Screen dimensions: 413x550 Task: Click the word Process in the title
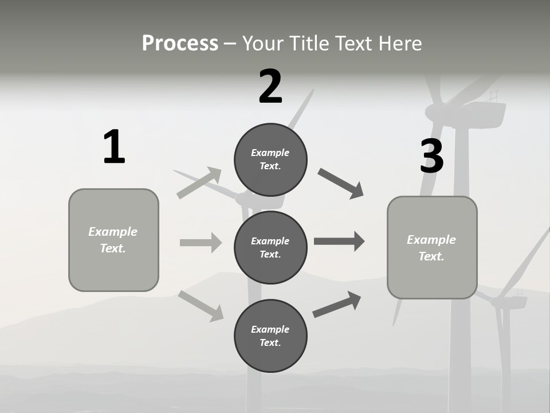[x=180, y=44]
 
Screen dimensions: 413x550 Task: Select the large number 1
[x=114, y=147]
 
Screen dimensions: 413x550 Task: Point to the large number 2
[x=270, y=87]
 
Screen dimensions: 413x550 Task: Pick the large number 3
[x=431, y=157]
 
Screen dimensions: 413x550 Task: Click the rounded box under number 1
[x=113, y=240]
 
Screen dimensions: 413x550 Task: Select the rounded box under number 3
[x=432, y=247]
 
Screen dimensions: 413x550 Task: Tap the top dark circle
[x=270, y=159]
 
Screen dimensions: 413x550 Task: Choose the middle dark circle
[x=270, y=247]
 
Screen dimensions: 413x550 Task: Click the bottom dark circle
[x=270, y=336]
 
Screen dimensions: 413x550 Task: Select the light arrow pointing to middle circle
[x=201, y=243]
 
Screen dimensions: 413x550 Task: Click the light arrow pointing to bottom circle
[x=201, y=306]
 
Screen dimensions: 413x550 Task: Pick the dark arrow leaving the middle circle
[x=339, y=241]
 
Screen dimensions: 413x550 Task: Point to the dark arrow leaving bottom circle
[x=337, y=305]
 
